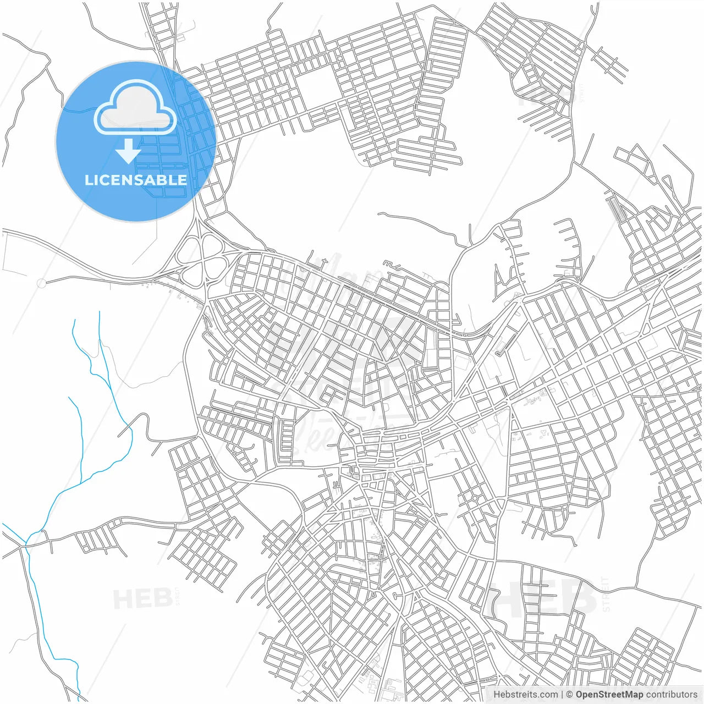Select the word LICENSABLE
click(135, 180)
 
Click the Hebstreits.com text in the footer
click(525, 695)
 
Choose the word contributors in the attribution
click(672, 695)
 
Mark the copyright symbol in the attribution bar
click(569, 695)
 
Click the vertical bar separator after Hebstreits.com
click(562, 695)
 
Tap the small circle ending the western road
click(41, 283)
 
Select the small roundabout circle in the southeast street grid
click(475, 498)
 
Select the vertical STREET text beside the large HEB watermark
click(606, 594)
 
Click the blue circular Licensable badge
click(135, 141)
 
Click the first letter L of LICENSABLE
click(88, 180)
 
